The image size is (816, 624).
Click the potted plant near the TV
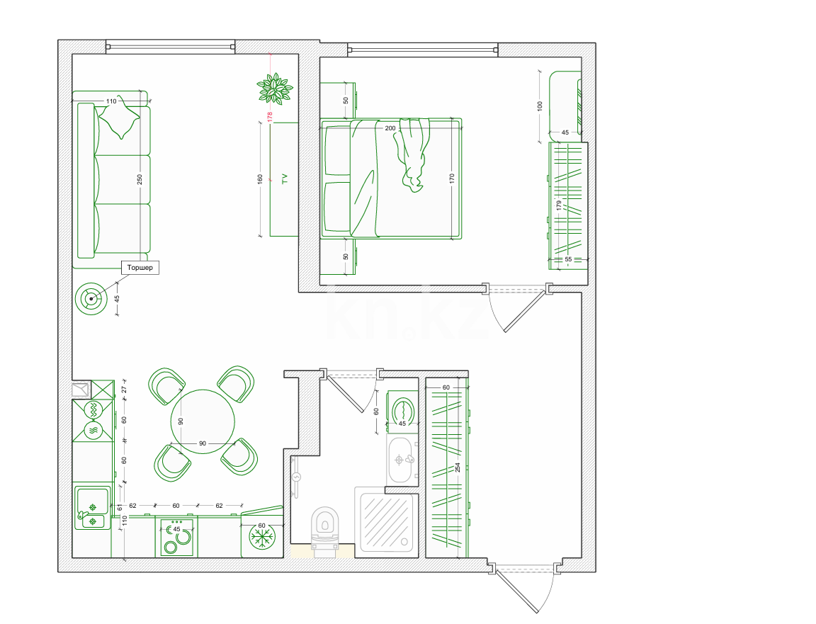tap(274, 88)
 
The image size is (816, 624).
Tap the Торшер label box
tap(140, 268)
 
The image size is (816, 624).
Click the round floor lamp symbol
tap(91, 299)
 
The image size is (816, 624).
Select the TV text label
tap(284, 178)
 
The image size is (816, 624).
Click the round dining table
tap(203, 421)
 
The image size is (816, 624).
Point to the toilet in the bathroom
tap(324, 527)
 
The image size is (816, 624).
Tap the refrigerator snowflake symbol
tap(261, 538)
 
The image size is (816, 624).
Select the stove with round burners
tap(177, 537)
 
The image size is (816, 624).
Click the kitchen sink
tap(93, 507)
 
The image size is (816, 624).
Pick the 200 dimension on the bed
tap(390, 128)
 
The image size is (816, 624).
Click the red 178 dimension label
tap(270, 117)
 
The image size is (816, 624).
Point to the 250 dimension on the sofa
tap(140, 179)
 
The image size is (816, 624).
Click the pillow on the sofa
tap(119, 117)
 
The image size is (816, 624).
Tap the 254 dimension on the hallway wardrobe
tap(458, 467)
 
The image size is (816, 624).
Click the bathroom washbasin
tap(401, 460)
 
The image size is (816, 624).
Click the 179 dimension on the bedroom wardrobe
tap(559, 205)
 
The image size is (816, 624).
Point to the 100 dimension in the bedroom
tap(540, 106)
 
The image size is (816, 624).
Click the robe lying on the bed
tap(413, 154)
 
